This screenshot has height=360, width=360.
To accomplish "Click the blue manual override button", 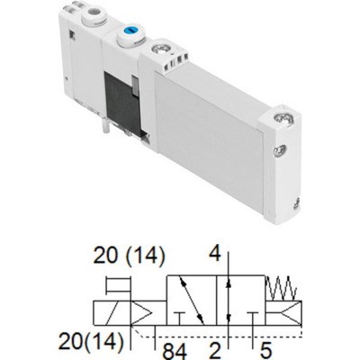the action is pos(130,31).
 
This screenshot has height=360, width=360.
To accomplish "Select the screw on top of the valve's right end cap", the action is pos(283,119).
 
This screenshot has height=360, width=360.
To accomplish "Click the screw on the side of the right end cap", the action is pos(280,149).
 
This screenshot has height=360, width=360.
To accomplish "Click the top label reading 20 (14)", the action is pos(129,256).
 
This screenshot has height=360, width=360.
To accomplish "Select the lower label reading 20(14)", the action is pos(91,341).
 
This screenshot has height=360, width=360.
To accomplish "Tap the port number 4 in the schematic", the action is pos(215,253).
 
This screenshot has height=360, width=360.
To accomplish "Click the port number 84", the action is pos(175,351).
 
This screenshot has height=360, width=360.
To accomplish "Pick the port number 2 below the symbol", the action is pos(215,351).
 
